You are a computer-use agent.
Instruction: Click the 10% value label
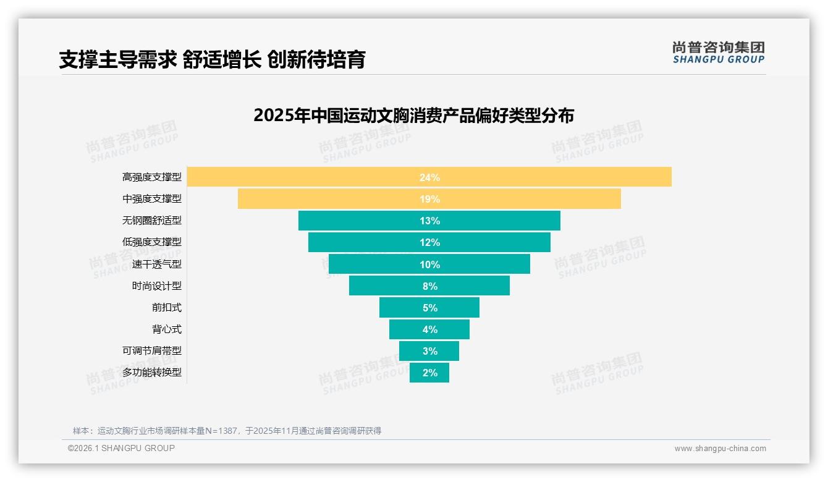[429, 264]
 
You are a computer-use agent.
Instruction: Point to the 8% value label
[429, 286]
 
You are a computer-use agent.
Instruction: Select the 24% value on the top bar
[429, 177]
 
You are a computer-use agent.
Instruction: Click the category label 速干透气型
[157, 264]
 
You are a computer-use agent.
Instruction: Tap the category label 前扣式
[167, 307]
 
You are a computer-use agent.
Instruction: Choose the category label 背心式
[167, 329]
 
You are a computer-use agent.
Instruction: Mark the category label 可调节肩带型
[152, 350]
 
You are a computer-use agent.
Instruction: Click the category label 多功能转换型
[152, 372]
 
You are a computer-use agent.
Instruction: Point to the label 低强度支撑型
[152, 242]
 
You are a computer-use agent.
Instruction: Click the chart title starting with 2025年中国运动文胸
[413, 116]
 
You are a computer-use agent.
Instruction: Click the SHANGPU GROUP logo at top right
[718, 53]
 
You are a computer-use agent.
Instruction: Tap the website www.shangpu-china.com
[720, 449]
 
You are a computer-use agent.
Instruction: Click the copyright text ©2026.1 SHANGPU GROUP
[121, 448]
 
